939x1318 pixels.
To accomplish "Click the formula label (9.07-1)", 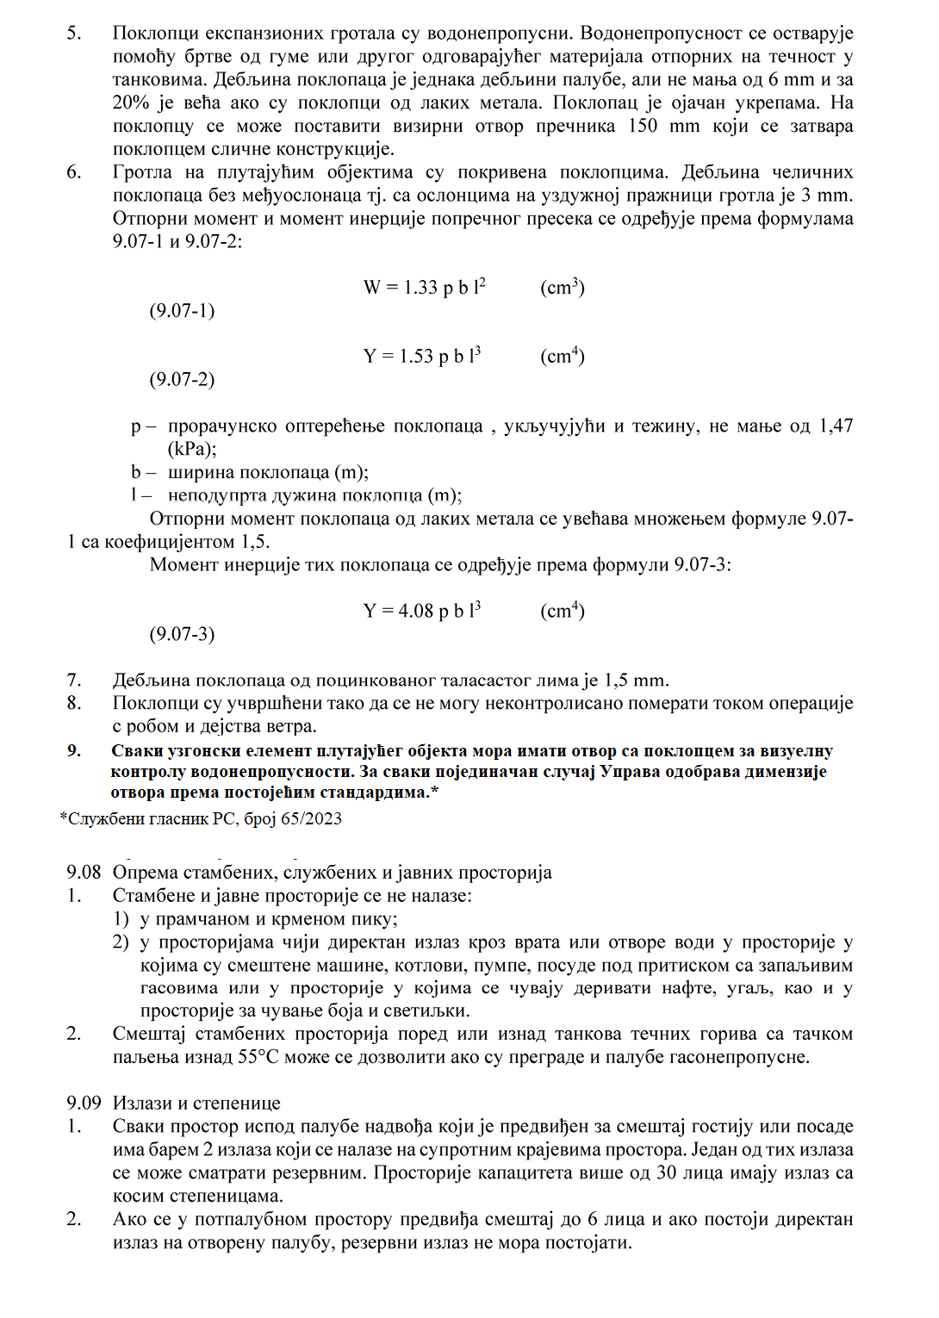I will pos(182,310).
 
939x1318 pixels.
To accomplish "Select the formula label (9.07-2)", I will pos(182,379).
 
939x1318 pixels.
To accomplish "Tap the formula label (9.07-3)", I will pos(182,634).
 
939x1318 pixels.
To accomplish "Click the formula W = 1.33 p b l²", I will pos(424,287).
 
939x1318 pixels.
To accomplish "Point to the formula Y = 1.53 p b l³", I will pos(421,356).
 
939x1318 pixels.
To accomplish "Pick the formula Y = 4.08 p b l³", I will pos(421,611).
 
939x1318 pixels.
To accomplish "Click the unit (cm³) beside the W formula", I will pos(563,287).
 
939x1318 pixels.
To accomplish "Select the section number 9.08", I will pos(84,873).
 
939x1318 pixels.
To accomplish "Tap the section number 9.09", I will pos(84,1104).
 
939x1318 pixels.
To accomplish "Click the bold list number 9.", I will pos(74,751).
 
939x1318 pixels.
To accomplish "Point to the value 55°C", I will pos(258,1057).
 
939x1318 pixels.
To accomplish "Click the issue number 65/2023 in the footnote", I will pos(310,818).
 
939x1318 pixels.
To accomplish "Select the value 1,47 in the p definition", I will pos(835,426).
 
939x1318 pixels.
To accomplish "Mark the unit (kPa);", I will pos(192,449).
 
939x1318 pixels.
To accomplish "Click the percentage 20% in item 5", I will pos(131,103).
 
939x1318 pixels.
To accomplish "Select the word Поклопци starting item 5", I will pos(155,34).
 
